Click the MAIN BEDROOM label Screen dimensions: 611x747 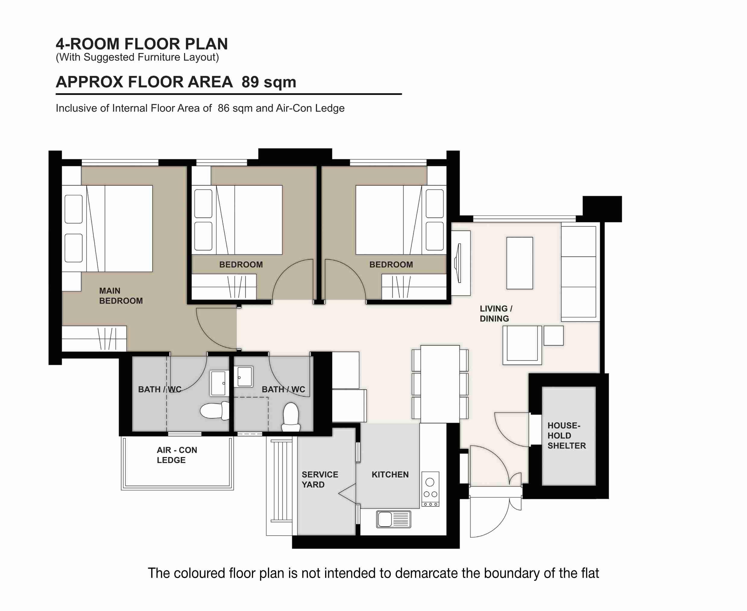[x=121, y=296]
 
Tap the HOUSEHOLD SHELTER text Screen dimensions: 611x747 [x=566, y=435]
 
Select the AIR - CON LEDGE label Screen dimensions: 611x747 [x=177, y=455]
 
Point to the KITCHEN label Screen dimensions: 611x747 [x=390, y=475]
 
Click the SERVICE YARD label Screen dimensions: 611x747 [x=319, y=479]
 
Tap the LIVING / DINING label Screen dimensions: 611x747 [x=496, y=313]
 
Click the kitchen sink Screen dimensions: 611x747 [x=394, y=519]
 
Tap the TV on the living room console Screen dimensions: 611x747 [x=458, y=263]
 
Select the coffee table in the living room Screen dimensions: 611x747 [x=519, y=263]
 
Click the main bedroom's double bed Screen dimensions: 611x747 [x=120, y=228]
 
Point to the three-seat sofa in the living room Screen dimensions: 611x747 [x=578, y=272]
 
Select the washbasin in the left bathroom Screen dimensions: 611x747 [x=218, y=383]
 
